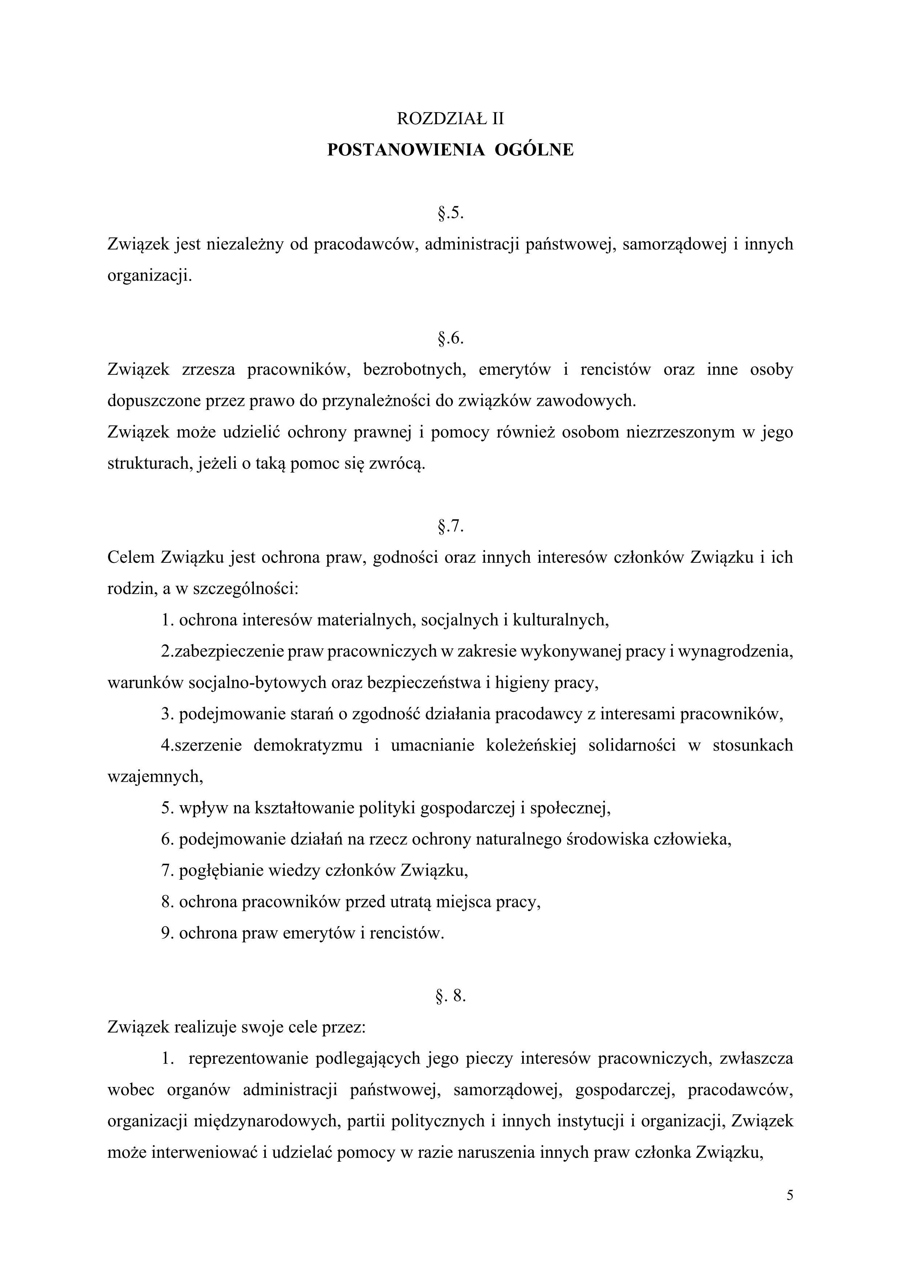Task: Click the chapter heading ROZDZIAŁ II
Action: click(x=450, y=118)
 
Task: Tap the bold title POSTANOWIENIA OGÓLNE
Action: click(x=450, y=150)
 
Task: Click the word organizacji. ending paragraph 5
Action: click(x=149, y=276)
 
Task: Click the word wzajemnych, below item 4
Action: click(x=155, y=776)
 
